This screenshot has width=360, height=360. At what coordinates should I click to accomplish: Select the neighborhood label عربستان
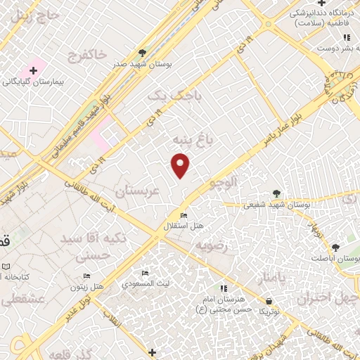click(x=138, y=191)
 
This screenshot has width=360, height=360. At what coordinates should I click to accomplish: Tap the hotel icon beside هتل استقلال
click(x=184, y=215)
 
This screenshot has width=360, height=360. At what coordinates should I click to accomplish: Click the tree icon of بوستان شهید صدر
click(x=143, y=53)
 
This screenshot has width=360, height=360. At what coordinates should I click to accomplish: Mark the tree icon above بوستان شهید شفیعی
click(x=276, y=193)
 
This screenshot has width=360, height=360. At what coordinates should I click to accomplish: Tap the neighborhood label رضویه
click(x=210, y=245)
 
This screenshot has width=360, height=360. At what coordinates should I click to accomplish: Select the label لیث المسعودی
click(x=145, y=284)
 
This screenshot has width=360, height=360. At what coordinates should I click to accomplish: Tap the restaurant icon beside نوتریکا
click(x=267, y=300)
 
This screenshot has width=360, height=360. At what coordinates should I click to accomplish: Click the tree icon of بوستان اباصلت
click(x=335, y=247)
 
